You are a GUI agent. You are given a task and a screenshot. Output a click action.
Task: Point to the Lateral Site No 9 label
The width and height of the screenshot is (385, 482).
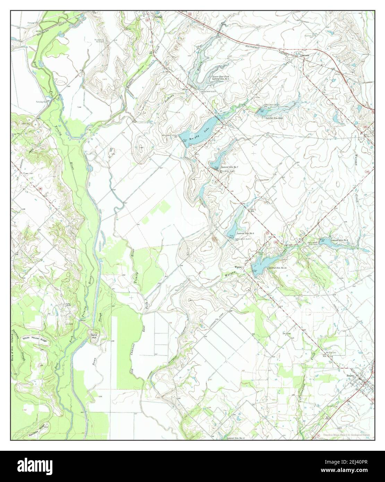click(x=340, y=240)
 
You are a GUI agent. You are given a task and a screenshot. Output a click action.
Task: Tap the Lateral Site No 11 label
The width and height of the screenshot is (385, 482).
click(x=236, y=438)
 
